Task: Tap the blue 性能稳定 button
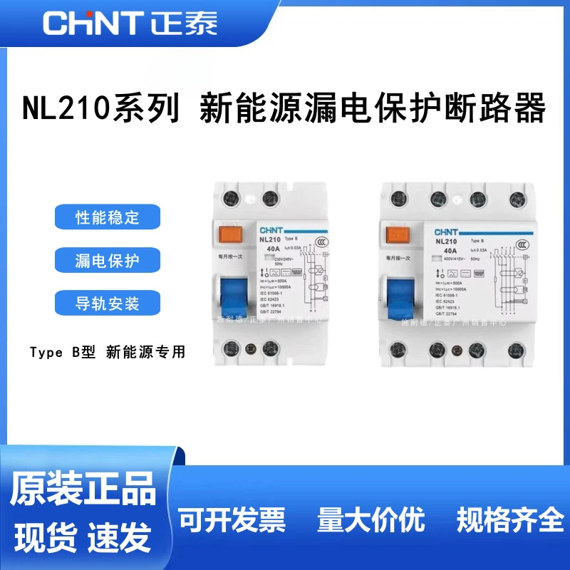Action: point(108,217)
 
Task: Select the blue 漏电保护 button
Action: point(108,260)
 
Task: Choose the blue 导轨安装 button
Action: point(108,304)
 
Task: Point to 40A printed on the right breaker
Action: point(442,251)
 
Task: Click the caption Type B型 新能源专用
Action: point(108,351)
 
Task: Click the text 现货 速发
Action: point(83,534)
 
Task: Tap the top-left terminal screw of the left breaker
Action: point(232,197)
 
